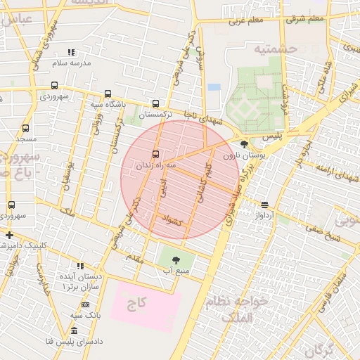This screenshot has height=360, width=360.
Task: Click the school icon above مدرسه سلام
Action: pos(71,52)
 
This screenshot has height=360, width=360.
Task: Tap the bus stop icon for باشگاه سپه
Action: pos(108,94)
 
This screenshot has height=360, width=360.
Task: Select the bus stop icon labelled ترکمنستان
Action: pos(155,103)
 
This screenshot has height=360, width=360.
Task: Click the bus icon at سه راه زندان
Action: pos(155,154)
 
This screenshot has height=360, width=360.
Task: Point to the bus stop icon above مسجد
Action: pos(26,129)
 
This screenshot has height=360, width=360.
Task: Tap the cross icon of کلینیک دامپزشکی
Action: pos(8,235)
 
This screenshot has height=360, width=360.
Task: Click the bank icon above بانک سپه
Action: pos(85,304)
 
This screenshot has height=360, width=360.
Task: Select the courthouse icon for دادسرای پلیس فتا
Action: pos(75,330)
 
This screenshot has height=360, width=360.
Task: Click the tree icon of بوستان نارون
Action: pos(244,143)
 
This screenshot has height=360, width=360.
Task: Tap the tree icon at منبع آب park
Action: pos(186,259)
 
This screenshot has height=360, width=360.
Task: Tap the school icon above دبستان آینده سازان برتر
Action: pos(81,266)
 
